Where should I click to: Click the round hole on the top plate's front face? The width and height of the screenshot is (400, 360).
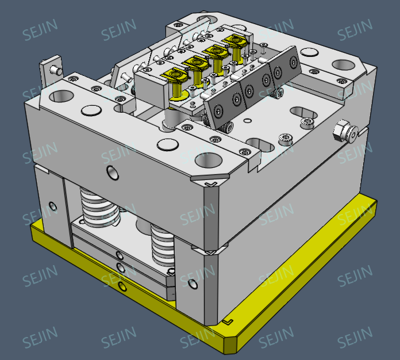pyautogui.click(x=111, y=171)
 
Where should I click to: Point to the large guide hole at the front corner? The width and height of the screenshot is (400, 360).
pyautogui.click(x=207, y=159)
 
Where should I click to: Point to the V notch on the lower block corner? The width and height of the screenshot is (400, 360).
pyautogui.click(x=210, y=252)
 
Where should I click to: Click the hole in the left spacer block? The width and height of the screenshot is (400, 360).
pyautogui.click(x=53, y=205)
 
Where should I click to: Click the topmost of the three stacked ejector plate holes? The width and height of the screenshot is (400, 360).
pyautogui.click(x=119, y=255)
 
